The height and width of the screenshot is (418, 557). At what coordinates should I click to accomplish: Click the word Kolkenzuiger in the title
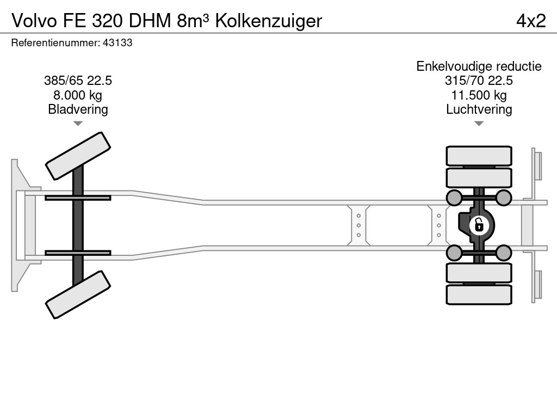tap(269, 21)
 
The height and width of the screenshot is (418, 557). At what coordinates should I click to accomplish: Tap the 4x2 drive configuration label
tap(531, 21)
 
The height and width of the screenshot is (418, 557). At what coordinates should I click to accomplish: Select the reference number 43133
tap(117, 42)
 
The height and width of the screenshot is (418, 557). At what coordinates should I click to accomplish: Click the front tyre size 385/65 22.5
tap(78, 81)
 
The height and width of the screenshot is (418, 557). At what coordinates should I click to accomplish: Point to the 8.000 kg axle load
tap(78, 95)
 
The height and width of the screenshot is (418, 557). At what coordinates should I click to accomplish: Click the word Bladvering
tap(78, 109)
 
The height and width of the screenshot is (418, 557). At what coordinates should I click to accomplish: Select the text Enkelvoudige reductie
tap(479, 66)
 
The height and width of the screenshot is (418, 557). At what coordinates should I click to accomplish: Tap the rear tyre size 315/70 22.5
tap(479, 81)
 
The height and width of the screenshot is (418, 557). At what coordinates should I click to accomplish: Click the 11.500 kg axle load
tap(479, 95)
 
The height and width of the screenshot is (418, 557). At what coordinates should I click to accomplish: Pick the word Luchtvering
tap(479, 109)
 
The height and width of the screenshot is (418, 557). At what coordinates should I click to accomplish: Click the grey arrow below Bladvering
tap(78, 124)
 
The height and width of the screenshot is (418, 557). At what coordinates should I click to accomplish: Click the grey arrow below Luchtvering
tap(479, 124)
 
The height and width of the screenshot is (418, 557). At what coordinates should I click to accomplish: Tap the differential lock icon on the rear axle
tap(479, 225)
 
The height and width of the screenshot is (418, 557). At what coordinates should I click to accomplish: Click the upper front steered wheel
tap(78, 156)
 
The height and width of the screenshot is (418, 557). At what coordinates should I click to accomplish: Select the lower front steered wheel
tap(78, 294)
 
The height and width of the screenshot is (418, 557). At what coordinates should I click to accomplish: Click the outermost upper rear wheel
tap(479, 156)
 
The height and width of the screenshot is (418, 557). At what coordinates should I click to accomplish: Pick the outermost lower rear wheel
tap(479, 294)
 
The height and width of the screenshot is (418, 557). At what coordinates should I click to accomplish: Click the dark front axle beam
tap(78, 225)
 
